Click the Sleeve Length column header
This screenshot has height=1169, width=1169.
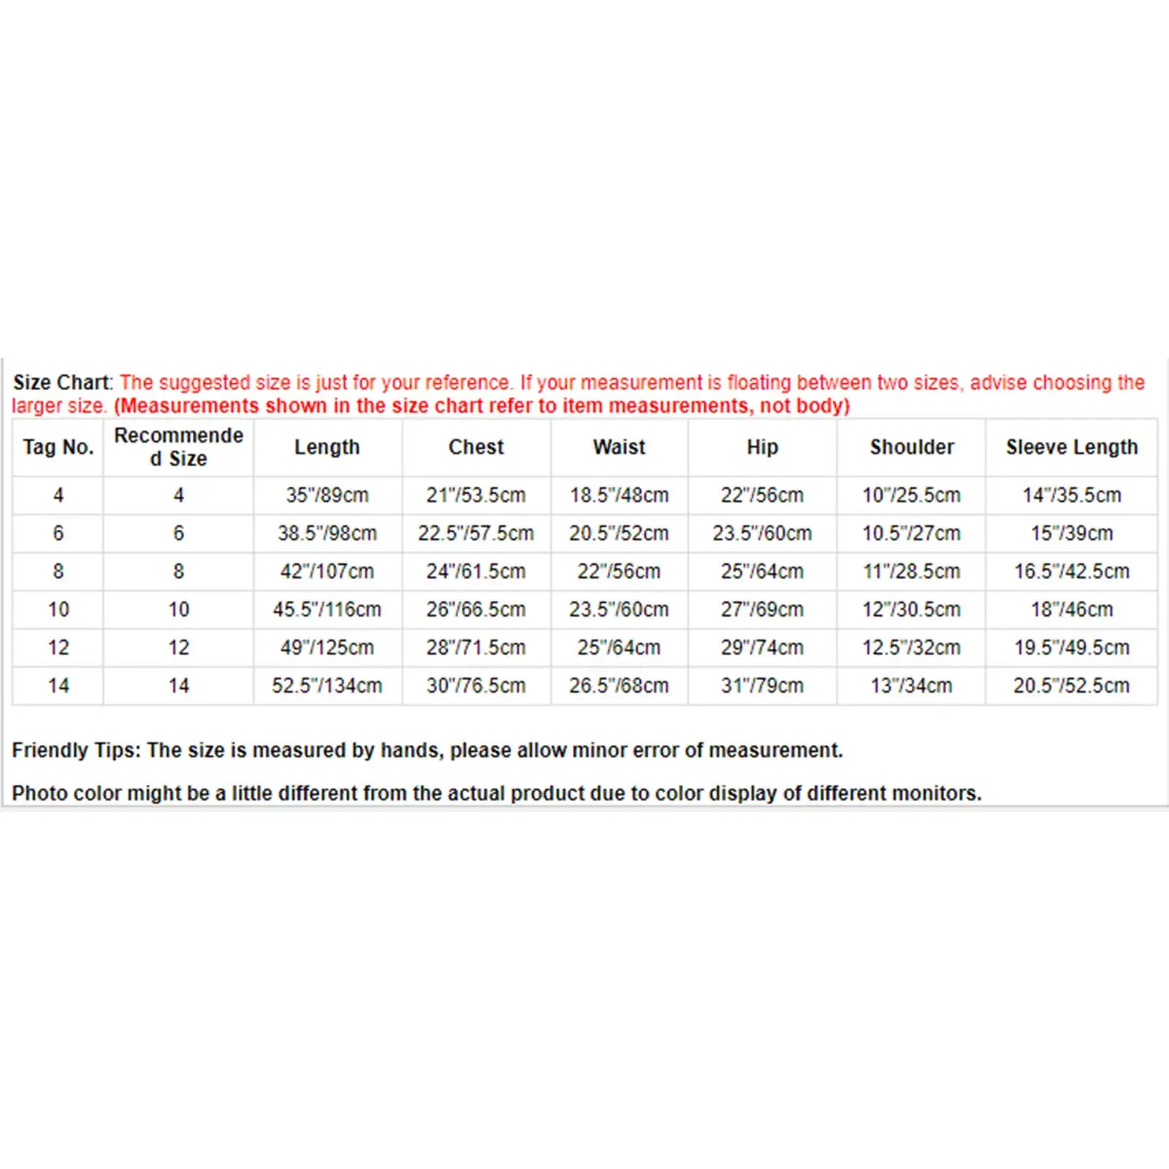(x=1071, y=447)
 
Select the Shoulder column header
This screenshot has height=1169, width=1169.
(x=912, y=447)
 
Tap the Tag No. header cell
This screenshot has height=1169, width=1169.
(x=58, y=447)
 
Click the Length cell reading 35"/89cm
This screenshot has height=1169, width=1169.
(x=327, y=495)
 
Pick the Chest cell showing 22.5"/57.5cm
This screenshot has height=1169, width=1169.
(x=476, y=533)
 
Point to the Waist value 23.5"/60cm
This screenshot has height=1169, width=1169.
(x=619, y=609)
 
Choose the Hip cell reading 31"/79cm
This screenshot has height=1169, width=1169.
(x=762, y=685)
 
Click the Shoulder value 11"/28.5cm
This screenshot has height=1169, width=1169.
(x=912, y=571)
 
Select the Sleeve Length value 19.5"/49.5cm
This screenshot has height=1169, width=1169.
(x=1071, y=647)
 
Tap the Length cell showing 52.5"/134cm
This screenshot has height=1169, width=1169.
(x=327, y=685)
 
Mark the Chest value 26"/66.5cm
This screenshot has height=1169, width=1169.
(x=476, y=609)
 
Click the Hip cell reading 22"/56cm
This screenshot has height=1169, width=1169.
(x=762, y=495)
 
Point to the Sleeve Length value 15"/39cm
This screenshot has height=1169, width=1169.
(x=1071, y=533)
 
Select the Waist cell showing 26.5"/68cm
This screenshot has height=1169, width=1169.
(x=619, y=685)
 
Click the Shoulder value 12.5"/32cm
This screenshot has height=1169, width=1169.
(x=912, y=647)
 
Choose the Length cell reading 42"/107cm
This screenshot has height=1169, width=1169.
(x=327, y=571)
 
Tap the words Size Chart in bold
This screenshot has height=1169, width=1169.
(x=62, y=382)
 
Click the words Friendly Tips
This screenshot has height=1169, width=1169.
(x=75, y=750)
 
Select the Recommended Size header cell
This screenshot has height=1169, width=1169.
(x=178, y=447)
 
